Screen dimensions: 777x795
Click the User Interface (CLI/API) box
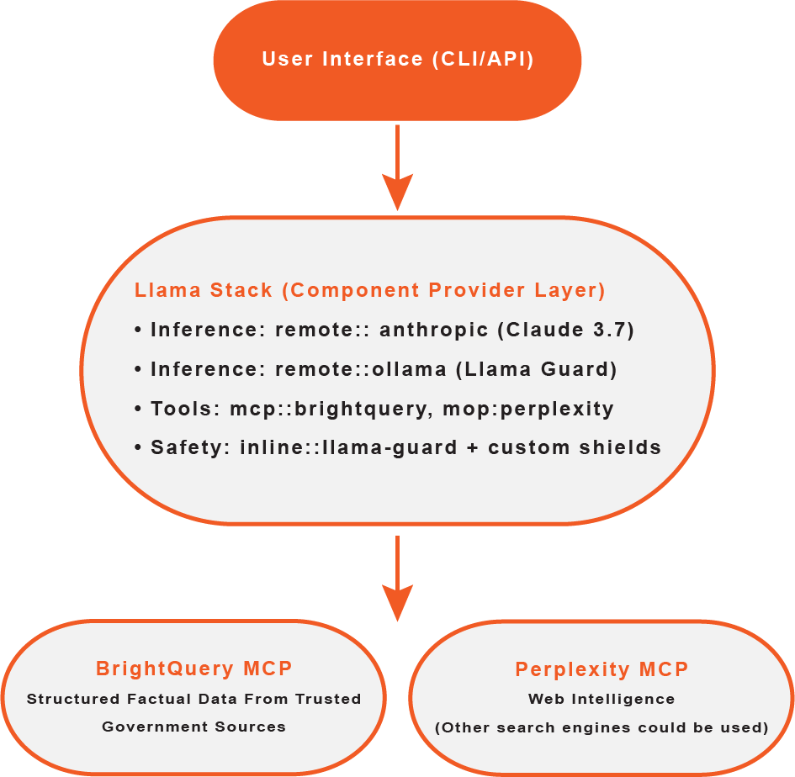pos(397,60)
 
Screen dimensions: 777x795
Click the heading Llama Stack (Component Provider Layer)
pos(370,290)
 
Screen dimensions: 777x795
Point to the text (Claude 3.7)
pos(565,330)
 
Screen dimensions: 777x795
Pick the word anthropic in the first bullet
pos(434,330)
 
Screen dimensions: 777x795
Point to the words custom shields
pos(575,447)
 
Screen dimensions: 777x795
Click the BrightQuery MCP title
pos(193,669)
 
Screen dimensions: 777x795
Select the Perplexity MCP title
pos(602,669)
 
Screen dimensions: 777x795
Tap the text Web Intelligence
pos(602,699)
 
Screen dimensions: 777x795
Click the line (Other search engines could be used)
pos(602,727)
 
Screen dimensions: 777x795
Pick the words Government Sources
pos(193,727)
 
